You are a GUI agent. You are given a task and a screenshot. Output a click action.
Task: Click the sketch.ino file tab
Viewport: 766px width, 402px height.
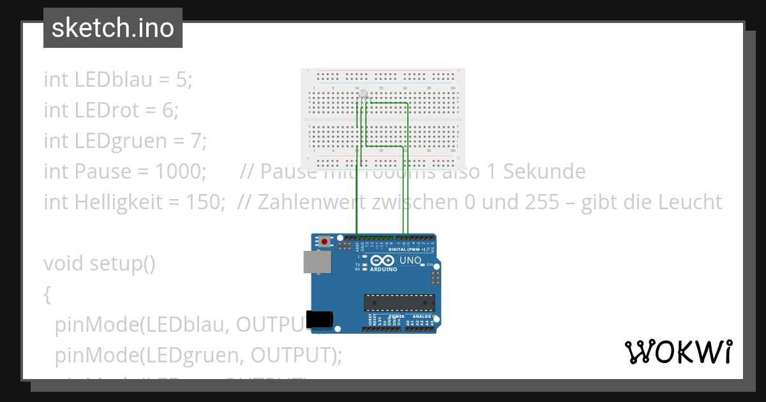(112, 28)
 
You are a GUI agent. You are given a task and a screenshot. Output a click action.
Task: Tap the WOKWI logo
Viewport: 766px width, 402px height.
(678, 352)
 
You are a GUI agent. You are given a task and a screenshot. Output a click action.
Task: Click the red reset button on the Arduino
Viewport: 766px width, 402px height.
(326, 242)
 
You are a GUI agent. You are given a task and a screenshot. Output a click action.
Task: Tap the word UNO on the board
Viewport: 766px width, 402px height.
(410, 260)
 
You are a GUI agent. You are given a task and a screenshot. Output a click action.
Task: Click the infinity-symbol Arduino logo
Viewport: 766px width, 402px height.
(381, 261)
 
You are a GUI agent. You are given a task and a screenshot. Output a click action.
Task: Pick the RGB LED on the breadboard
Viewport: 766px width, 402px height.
(364, 96)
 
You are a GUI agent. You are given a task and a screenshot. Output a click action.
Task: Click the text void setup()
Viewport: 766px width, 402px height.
(100, 263)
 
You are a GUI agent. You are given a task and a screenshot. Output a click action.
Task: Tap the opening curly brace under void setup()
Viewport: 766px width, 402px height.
(47, 294)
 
